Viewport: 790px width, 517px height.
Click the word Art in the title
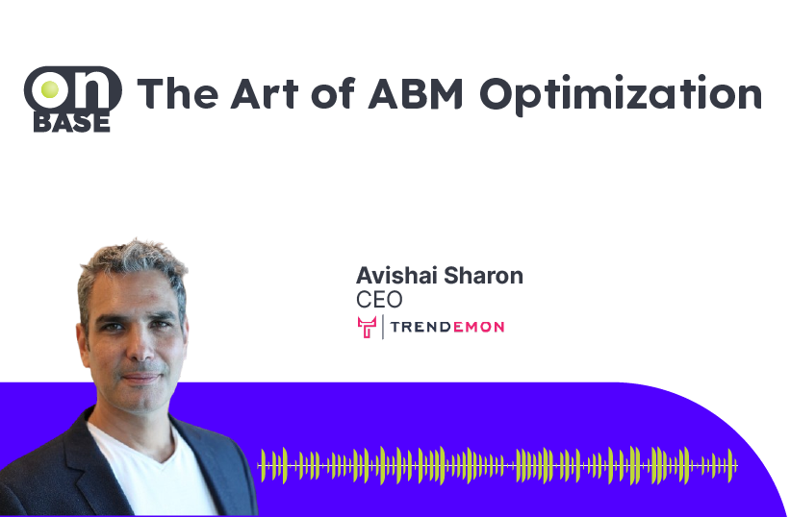coord(265,93)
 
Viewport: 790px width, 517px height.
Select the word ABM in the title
coord(416,93)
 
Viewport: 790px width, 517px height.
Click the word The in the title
coord(178,93)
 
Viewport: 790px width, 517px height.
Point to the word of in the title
coord(334,92)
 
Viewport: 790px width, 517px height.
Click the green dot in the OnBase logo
coord(49,89)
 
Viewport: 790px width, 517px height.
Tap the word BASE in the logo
coord(71,123)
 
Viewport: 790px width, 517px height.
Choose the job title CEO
coord(379,300)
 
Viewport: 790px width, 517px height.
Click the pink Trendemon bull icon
coord(367,327)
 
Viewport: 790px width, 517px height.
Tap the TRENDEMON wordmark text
coord(447,327)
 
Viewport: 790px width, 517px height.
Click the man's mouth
coord(141,378)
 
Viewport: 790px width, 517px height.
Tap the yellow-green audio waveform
coord(497,466)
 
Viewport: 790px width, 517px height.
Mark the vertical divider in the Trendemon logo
coord(383,327)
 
